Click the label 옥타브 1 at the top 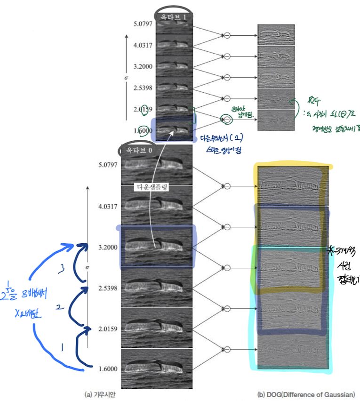click(175, 17)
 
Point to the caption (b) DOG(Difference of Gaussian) click(305, 394)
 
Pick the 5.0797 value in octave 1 click(143, 23)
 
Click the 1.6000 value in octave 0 click(109, 369)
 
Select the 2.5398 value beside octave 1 click(143, 88)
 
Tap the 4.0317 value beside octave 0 click(109, 206)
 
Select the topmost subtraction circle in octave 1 click(227, 35)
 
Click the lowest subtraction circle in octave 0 click(227, 349)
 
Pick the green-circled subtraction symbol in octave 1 click(227, 120)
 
